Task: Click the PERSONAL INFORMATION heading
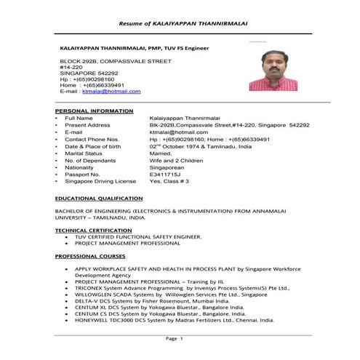94,111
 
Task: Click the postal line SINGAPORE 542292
89,73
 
